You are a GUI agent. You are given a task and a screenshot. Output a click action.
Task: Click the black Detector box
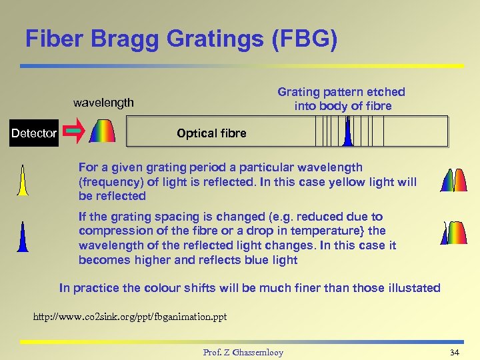pyautogui.click(x=34, y=133)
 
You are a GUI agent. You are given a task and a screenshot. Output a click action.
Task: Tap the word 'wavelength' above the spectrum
pyautogui.click(x=103, y=103)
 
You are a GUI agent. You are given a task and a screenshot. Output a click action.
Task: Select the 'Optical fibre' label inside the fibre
pyautogui.click(x=211, y=133)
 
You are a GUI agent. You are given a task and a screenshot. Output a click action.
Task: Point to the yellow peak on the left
pyautogui.click(x=23, y=181)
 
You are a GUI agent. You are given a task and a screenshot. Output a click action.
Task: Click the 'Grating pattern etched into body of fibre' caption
pyautogui.click(x=341, y=99)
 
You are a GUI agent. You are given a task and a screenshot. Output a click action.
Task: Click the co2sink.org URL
pyautogui.click(x=130, y=317)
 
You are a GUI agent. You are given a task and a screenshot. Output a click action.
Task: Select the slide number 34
pyautogui.click(x=455, y=352)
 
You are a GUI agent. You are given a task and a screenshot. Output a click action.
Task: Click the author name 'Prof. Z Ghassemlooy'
pyautogui.click(x=243, y=352)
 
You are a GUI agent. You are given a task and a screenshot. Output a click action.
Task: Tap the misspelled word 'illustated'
pyautogui.click(x=411, y=288)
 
